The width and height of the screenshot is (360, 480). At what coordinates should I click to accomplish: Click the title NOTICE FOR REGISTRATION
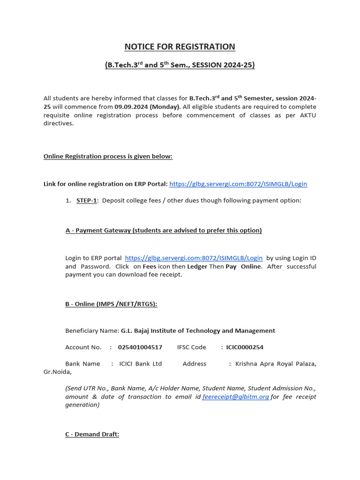coord(180,46)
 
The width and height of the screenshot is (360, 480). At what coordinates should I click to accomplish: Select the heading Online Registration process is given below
coord(108,156)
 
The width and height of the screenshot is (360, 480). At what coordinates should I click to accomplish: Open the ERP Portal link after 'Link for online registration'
coord(238,184)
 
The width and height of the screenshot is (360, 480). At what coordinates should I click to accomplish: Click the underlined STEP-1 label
coord(86,200)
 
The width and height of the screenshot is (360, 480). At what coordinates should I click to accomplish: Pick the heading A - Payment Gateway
coord(163,230)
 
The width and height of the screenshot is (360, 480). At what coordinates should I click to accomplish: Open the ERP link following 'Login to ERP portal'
coord(194,258)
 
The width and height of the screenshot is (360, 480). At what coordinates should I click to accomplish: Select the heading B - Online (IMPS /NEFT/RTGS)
coord(111,304)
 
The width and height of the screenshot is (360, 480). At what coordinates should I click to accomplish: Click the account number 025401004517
coord(140,347)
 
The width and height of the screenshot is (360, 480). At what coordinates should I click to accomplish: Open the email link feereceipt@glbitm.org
coord(235,397)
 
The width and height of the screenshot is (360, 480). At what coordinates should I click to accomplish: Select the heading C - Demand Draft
coord(92,434)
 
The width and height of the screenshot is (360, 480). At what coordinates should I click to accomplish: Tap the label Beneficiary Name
coord(92,330)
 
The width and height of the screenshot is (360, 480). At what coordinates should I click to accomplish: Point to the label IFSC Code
coord(191,347)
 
